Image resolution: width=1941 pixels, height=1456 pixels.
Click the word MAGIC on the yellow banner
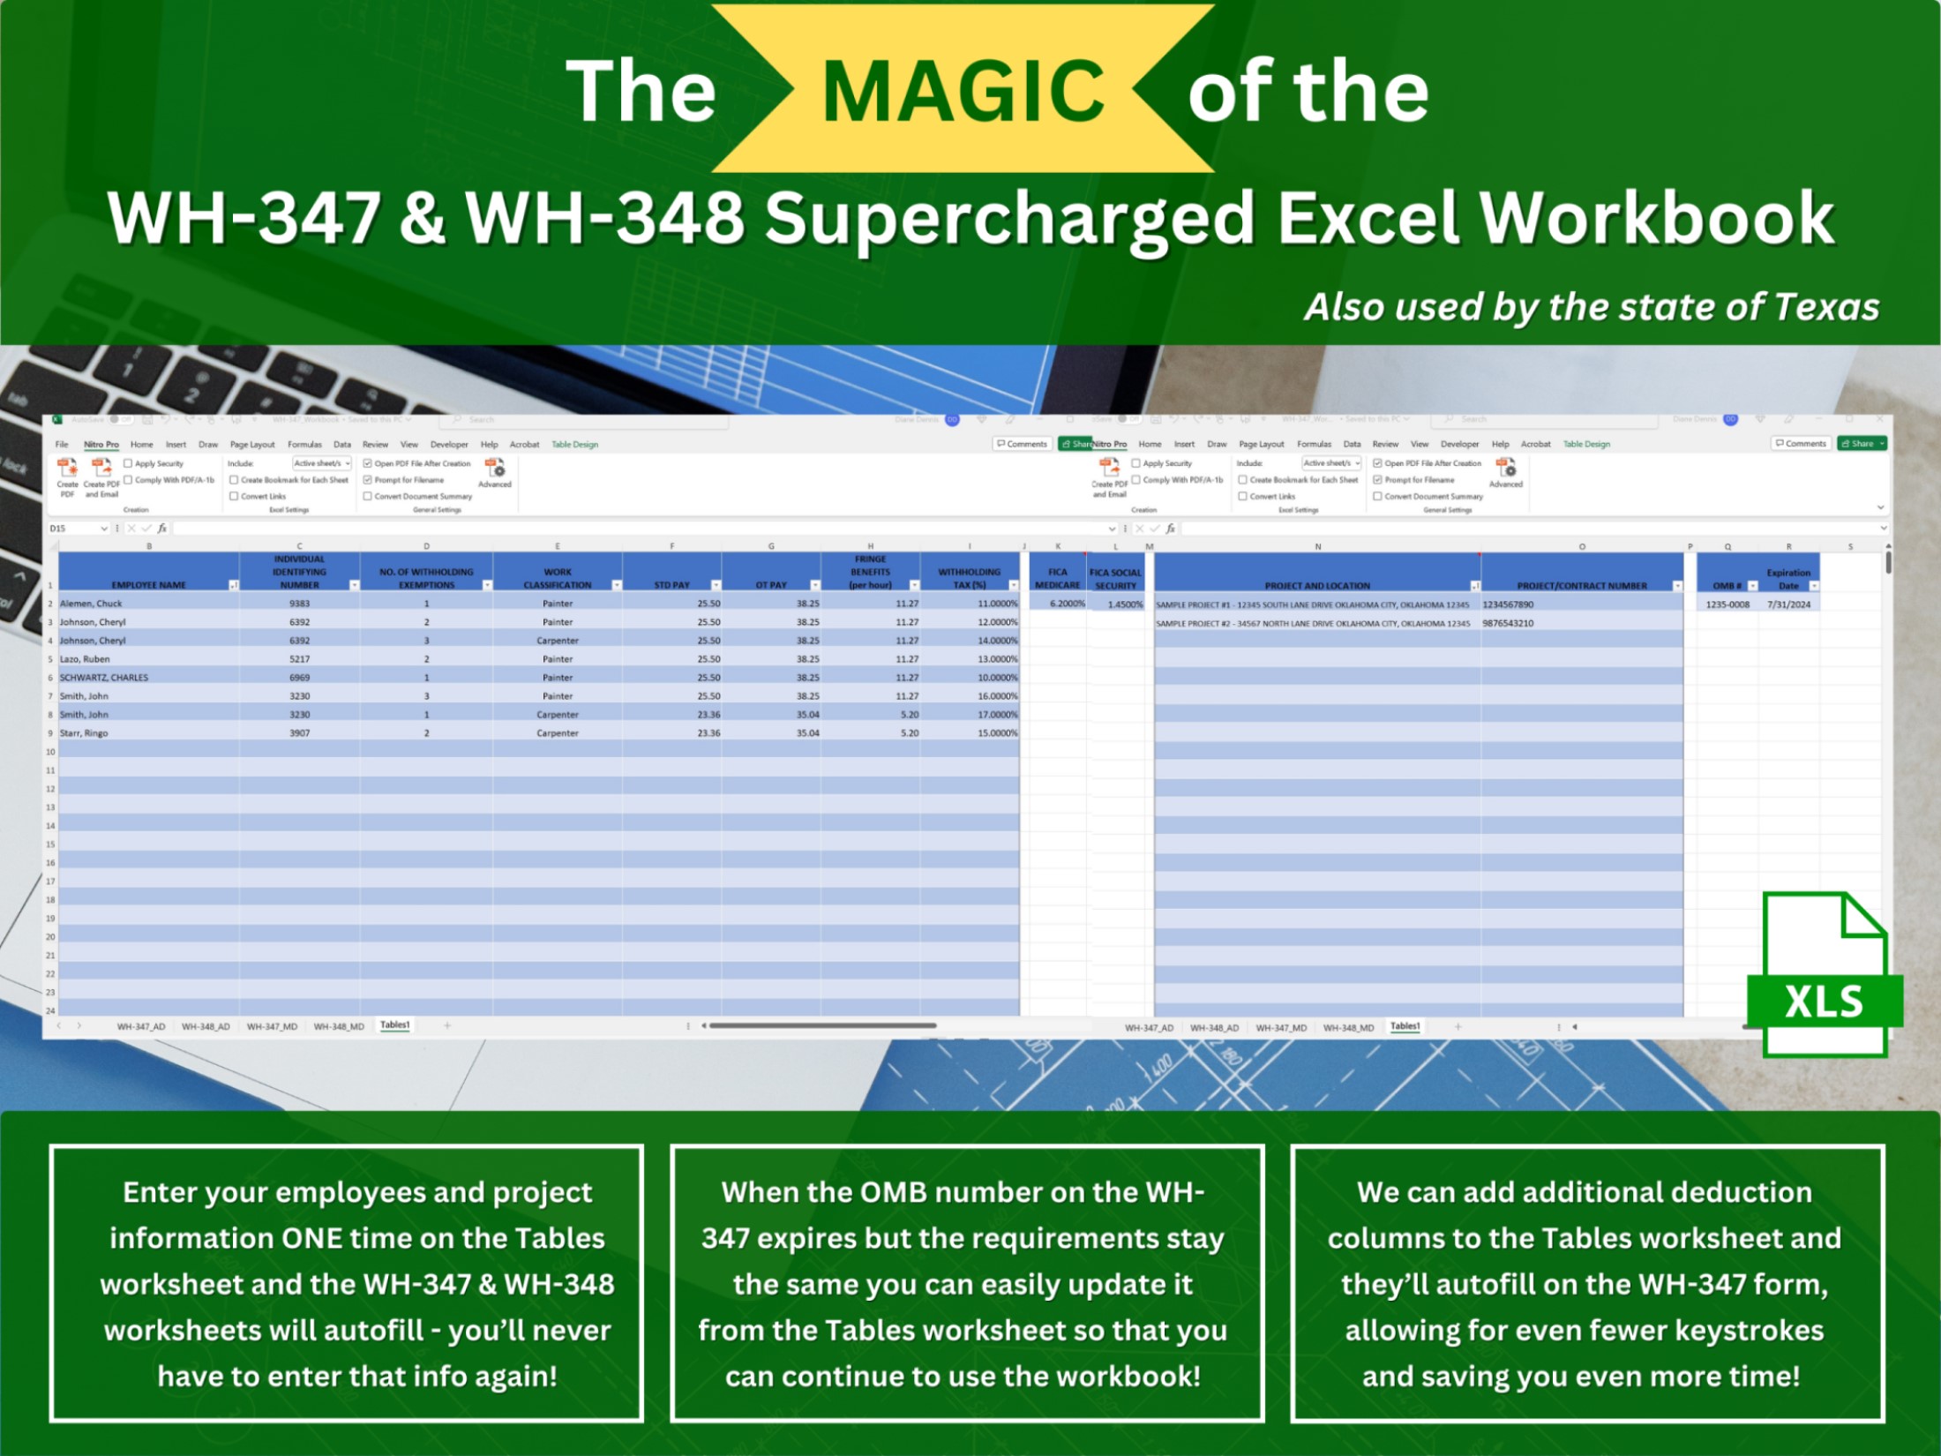pos(963,91)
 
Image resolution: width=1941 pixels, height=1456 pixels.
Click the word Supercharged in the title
pos(1009,218)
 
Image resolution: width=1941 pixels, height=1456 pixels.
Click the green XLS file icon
pos(1825,976)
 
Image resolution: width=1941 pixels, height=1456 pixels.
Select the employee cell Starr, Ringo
pos(84,733)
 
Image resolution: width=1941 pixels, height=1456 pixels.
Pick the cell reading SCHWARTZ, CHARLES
pos(104,678)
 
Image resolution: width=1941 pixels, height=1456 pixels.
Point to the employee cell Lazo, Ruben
pos(85,659)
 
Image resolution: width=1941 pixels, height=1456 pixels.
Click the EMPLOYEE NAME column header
pos(148,585)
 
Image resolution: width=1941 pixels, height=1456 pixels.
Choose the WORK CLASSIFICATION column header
pos(558,578)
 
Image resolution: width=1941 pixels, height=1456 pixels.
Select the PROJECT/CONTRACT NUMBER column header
pos(1581,586)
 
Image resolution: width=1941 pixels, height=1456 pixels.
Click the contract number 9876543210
pos(1508,623)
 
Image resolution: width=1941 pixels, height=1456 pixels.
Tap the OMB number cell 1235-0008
pos(1727,604)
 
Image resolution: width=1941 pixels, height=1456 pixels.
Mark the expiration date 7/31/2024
pos(1788,604)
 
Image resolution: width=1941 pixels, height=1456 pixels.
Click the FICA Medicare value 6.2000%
pos(1067,604)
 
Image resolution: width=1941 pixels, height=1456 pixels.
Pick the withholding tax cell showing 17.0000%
pos(997,715)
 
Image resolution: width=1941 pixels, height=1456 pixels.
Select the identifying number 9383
pos(300,604)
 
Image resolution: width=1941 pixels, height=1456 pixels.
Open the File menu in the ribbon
pos(62,445)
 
